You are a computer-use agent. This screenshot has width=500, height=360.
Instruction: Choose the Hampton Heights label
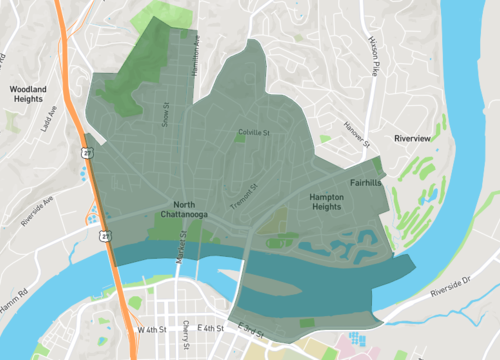click(x=327, y=203)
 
